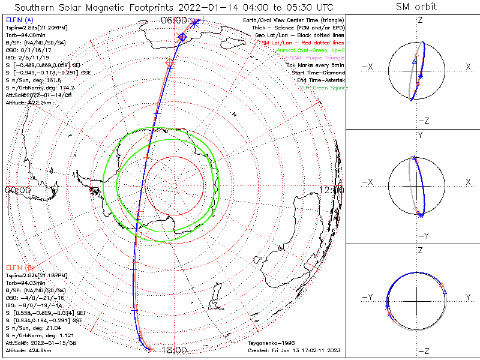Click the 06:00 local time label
coord(174,20)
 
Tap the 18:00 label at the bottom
coord(176,350)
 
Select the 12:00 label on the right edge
coord(332,190)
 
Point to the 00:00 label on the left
coord(17,190)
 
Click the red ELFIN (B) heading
coord(19,267)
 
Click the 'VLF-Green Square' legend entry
coord(323,88)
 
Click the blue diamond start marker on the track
coord(182,38)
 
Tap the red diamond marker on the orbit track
coord(169,62)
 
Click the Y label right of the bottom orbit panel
coord(467,297)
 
